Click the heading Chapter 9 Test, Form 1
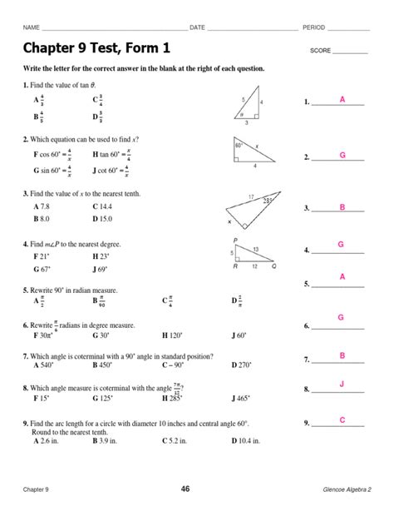click(96, 47)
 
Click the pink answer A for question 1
click(341, 100)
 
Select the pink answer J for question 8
click(341, 384)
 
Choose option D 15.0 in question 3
click(106, 218)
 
